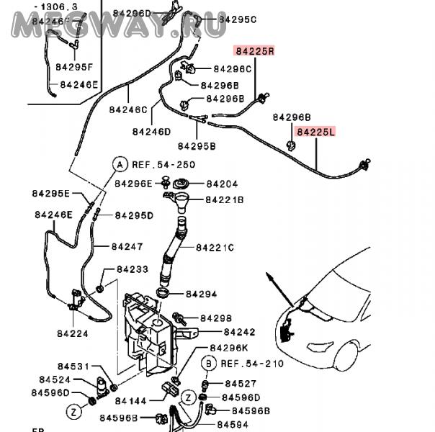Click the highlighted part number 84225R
click(x=254, y=51)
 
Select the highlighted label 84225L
click(x=316, y=132)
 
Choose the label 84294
click(x=201, y=294)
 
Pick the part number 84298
click(x=215, y=318)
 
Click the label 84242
click(x=239, y=332)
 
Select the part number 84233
click(x=133, y=269)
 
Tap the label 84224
click(x=71, y=333)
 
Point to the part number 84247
click(x=127, y=246)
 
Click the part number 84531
click(x=54, y=366)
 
